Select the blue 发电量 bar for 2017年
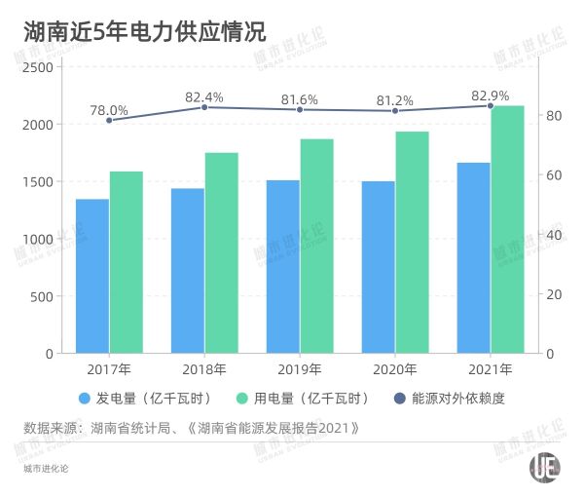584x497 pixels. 92,276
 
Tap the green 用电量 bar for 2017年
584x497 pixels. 127,262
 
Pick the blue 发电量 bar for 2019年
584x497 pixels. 283,266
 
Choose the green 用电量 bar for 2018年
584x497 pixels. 221,252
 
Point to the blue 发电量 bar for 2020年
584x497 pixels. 379,267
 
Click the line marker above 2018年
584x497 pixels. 204,107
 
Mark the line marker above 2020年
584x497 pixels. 395,110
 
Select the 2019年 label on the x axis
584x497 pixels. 300,369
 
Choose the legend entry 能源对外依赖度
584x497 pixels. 458,398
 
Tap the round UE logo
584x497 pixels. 545,467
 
